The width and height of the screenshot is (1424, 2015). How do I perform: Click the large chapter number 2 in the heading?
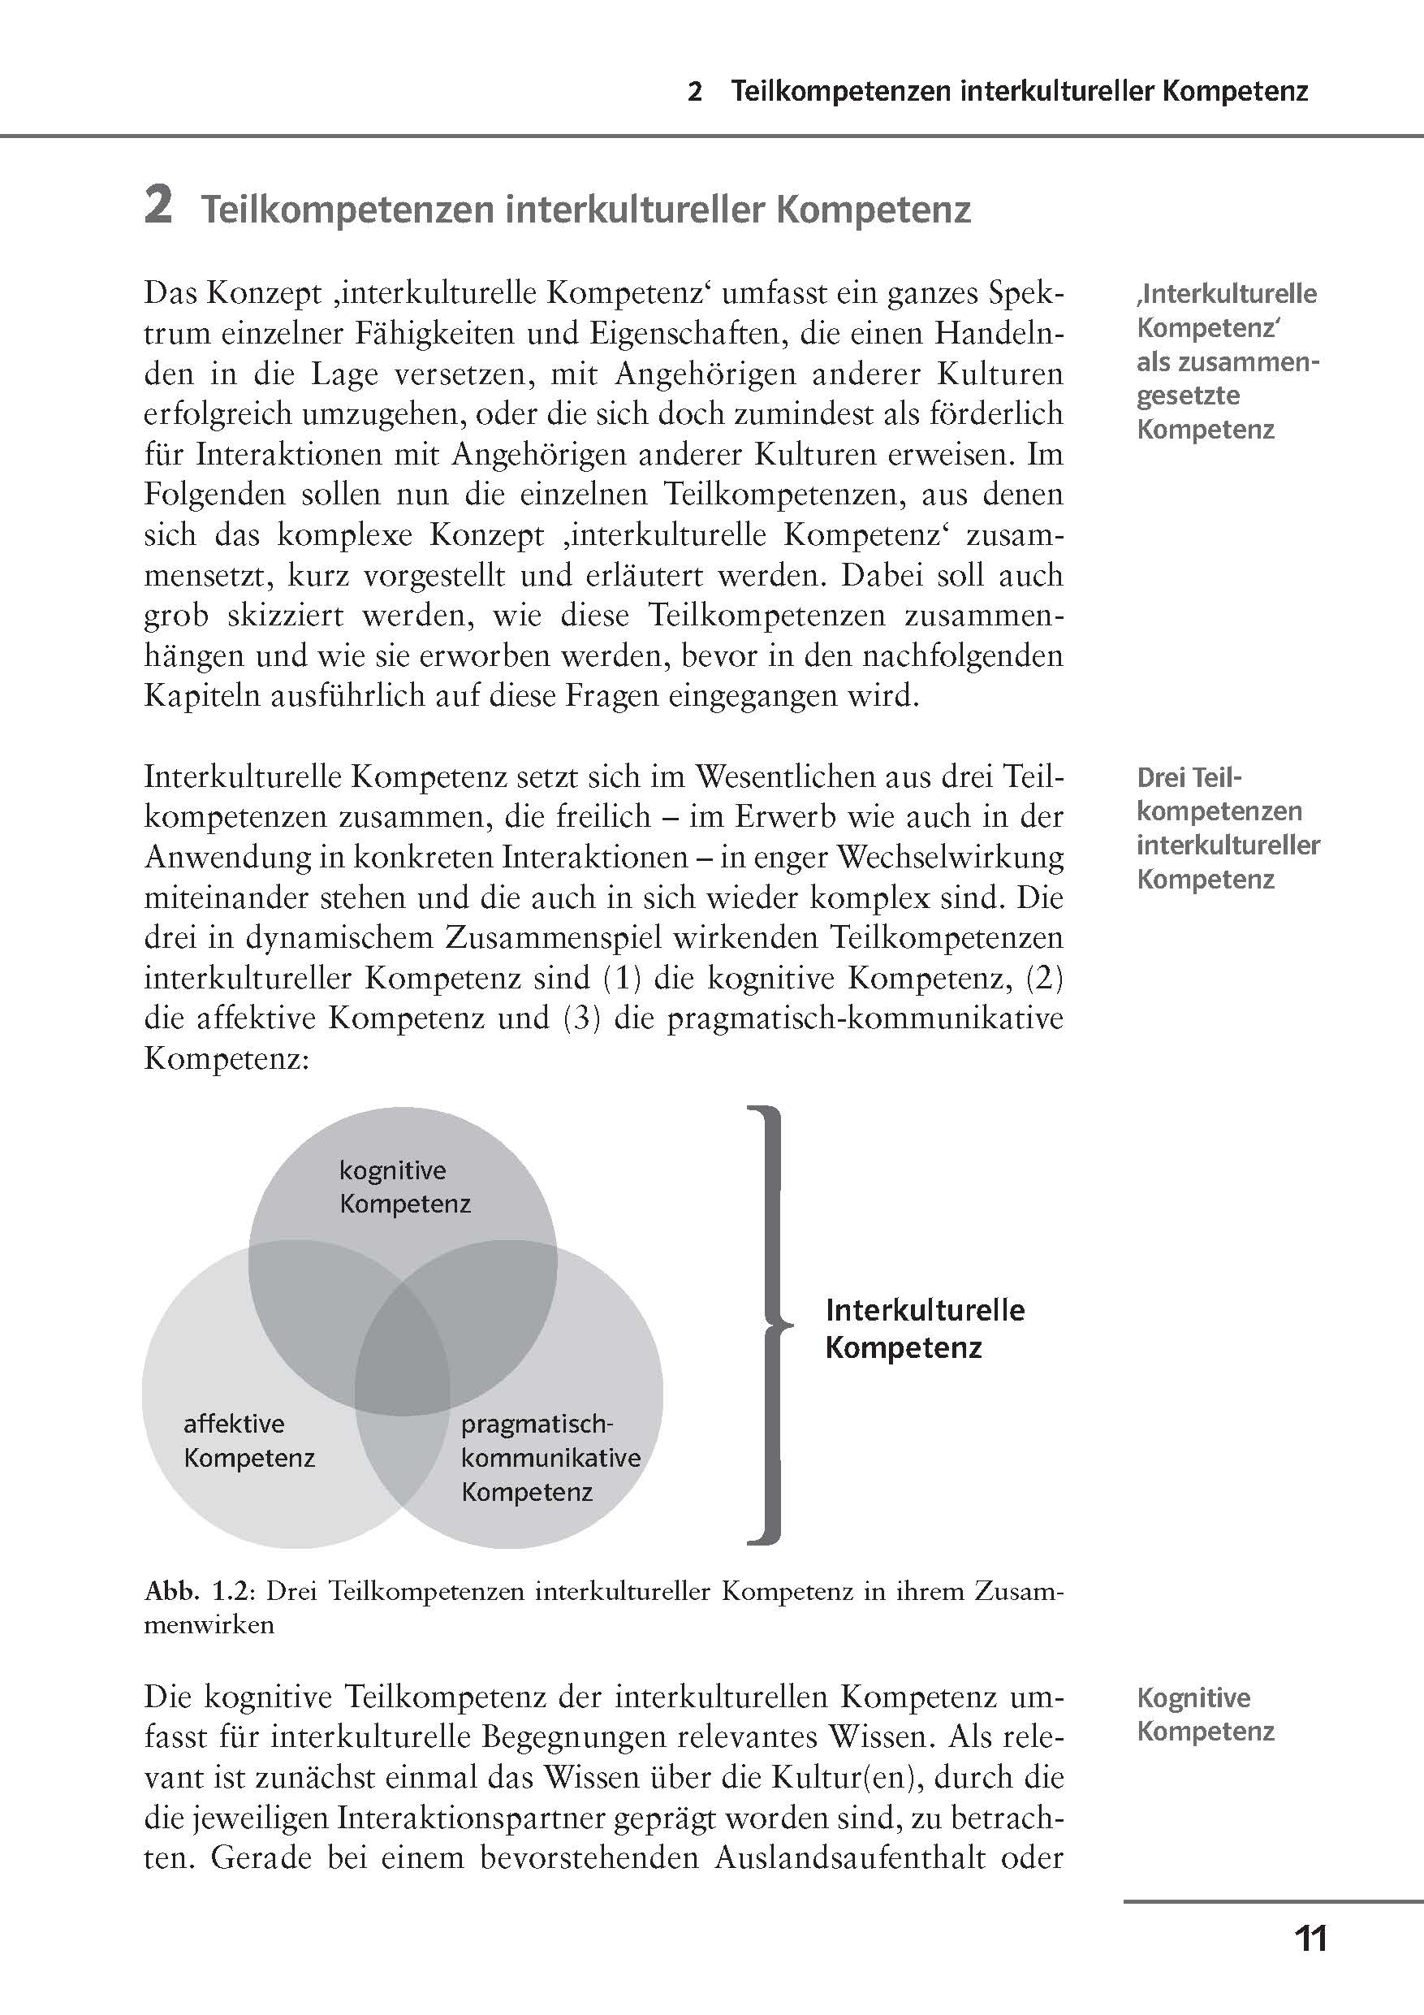pos(158,207)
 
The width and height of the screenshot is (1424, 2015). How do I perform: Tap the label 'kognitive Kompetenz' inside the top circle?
pos(404,1186)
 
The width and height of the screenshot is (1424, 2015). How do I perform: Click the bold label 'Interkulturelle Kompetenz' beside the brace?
pos(924,1329)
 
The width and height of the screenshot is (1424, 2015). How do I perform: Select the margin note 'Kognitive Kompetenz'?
pos(1204,1714)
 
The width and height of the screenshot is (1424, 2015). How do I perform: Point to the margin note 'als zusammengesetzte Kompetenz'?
pos(1227,395)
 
